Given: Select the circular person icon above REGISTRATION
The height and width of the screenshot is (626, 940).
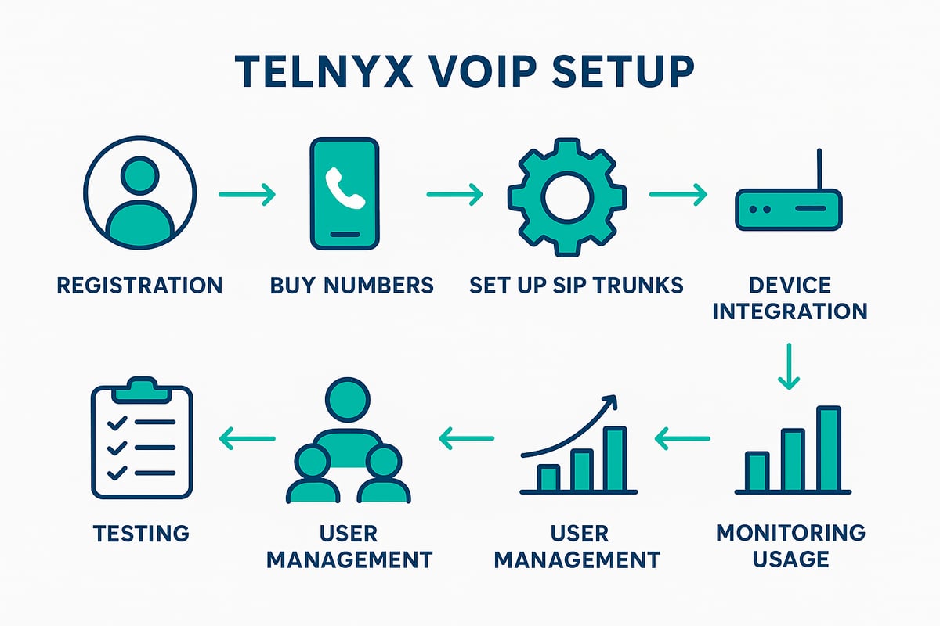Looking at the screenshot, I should click(x=140, y=194).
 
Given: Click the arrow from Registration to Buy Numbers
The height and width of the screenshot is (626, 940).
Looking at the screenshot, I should click(x=248, y=194).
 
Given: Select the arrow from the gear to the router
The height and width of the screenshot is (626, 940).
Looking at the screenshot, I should click(x=678, y=194).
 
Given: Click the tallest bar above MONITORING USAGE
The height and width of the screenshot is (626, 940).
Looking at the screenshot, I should click(x=828, y=448).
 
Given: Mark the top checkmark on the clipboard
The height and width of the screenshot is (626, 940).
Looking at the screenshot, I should click(x=117, y=423).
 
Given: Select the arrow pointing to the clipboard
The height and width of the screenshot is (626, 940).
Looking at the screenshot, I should click(x=248, y=438).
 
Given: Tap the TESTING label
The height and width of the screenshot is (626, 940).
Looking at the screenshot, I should click(x=141, y=534).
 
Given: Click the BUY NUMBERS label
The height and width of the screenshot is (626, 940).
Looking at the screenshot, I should click(x=352, y=286).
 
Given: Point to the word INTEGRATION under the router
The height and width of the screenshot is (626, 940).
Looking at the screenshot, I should click(x=790, y=311).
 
